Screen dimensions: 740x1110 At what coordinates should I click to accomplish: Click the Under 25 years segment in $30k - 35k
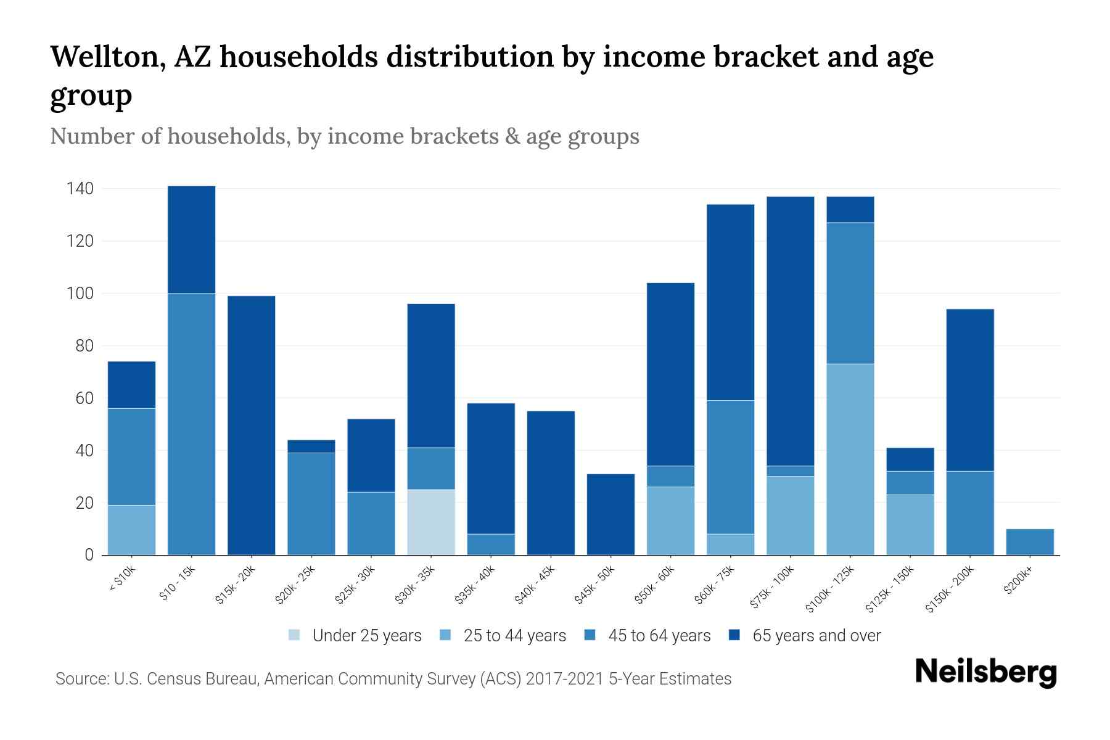[x=431, y=522]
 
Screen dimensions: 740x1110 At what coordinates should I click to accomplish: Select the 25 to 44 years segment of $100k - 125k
[x=850, y=459]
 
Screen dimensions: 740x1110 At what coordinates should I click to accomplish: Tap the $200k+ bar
[x=1030, y=542]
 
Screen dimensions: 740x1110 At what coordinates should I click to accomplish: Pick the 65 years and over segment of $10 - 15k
[x=191, y=239]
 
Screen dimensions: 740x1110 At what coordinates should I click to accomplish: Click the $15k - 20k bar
[x=251, y=425]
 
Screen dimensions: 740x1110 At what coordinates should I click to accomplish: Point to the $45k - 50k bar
[x=610, y=514]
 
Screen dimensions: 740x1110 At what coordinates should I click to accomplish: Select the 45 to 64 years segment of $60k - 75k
[x=730, y=467]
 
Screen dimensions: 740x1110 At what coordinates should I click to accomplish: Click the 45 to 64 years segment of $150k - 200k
[x=970, y=513]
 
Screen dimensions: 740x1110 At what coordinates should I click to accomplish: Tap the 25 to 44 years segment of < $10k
[x=131, y=530]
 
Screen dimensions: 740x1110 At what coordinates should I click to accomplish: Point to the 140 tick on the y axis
[x=80, y=189]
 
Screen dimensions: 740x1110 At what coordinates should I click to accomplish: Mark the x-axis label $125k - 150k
[x=891, y=590]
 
